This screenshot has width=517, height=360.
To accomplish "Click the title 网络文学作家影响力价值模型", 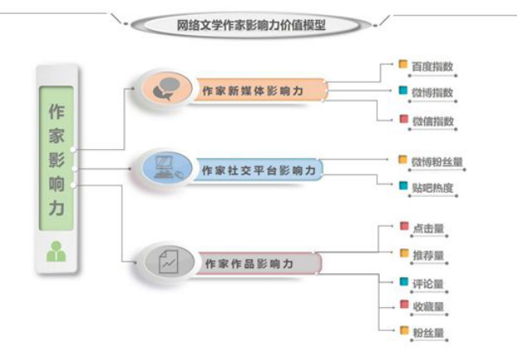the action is pos(251,26).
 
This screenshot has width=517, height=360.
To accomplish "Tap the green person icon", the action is pos(56,252).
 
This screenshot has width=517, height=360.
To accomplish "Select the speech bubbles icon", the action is pos(166,89).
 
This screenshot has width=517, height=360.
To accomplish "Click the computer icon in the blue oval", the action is pos(168,168).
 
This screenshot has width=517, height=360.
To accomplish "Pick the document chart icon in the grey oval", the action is pos(169,262).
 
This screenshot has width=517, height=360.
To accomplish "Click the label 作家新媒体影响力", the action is pos(252,91).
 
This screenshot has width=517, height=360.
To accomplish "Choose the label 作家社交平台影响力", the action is pos(259,170).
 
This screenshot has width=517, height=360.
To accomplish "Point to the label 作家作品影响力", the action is pos(249,264).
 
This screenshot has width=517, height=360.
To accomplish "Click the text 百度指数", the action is pos(433,67).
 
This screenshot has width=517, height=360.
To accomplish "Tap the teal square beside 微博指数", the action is pos(403,90).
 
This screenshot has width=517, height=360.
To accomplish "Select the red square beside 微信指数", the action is pos(404,119).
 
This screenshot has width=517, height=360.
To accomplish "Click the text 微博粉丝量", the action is pos(438,162).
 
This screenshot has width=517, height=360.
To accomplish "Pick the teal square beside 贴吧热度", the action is pos(403,185).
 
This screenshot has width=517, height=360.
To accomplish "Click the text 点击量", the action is pos(428,228).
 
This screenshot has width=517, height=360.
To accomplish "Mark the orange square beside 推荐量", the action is pos(405,253).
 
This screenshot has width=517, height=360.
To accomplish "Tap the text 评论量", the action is pos(428,284).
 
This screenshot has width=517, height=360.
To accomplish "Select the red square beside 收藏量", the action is pos(405,305).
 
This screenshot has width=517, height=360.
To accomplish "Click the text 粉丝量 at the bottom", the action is pos(428,333).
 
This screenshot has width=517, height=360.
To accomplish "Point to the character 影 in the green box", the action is pos(56,160).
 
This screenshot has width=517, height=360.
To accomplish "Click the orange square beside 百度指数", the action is pos(403,64).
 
